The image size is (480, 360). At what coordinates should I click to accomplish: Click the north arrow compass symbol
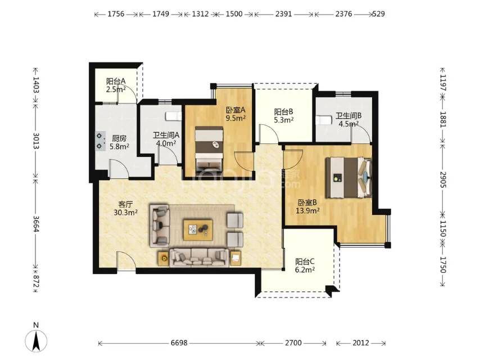(x=36, y=340)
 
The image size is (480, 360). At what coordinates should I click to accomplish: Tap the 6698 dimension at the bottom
(x=179, y=343)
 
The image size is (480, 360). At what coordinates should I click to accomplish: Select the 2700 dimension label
(x=293, y=343)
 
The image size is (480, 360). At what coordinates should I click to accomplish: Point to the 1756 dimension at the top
(x=116, y=14)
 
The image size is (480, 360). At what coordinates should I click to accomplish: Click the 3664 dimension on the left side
(x=36, y=224)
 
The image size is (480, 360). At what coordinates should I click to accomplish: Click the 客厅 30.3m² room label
(x=125, y=208)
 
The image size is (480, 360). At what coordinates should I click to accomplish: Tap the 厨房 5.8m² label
(x=119, y=142)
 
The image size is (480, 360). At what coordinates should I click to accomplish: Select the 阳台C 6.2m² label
(x=305, y=265)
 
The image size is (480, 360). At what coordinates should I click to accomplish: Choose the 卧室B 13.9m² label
(x=307, y=206)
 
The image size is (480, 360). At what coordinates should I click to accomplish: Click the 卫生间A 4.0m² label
(x=166, y=139)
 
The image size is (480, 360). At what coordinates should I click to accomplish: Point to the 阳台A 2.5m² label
(x=116, y=85)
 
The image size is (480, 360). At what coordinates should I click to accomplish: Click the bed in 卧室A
(x=209, y=148)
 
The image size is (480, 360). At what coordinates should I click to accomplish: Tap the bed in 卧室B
(x=348, y=177)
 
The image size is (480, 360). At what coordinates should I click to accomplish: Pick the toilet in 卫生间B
(x=324, y=120)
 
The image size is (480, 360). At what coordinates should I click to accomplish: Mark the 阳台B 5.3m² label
(x=284, y=115)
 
